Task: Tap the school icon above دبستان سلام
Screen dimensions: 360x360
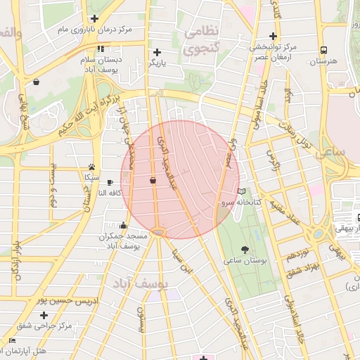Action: [101, 49]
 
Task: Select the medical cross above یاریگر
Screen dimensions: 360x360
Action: [157, 52]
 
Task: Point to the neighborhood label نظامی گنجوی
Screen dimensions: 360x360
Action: [200, 40]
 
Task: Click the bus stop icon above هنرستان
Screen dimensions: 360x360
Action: [323, 51]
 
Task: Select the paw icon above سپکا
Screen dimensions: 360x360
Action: [91, 167]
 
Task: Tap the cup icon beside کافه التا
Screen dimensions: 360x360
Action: [110, 182]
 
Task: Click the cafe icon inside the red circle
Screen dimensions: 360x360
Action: [153, 181]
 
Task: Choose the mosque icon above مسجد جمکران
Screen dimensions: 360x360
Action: [124, 226]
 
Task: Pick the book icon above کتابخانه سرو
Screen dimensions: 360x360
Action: [242, 191]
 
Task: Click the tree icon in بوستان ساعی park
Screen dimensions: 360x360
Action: [245, 250]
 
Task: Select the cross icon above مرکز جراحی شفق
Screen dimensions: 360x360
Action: [44, 315]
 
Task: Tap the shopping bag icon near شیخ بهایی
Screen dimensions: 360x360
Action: [36, 82]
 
